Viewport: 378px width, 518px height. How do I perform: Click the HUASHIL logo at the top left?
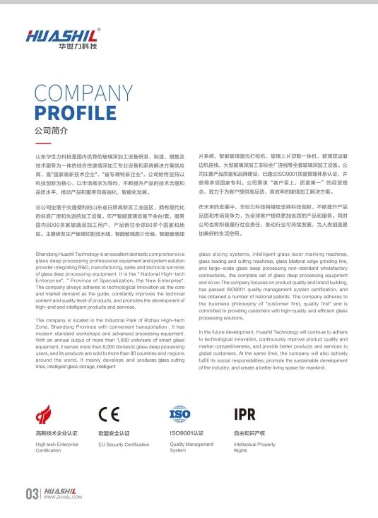click(62, 35)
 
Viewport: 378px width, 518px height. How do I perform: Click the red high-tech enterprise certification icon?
click(47, 414)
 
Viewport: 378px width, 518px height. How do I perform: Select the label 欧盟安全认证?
click(113, 432)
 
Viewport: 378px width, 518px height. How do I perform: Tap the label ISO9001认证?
click(187, 432)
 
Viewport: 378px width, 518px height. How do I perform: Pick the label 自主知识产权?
click(249, 432)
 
